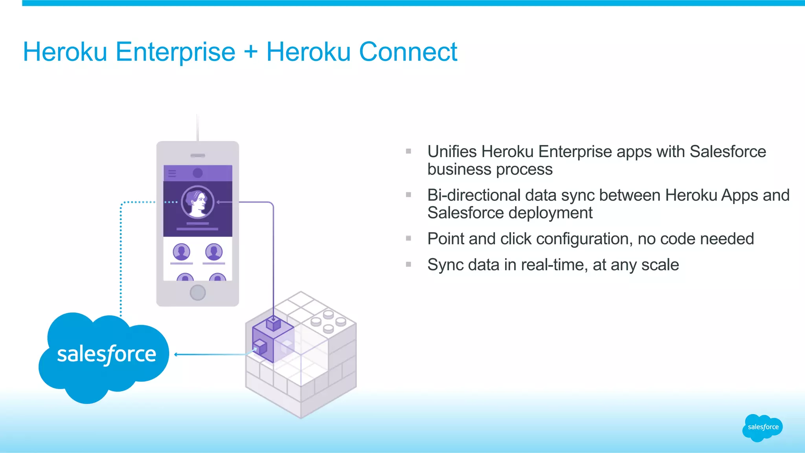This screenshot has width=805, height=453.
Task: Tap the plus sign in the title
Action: click(x=250, y=53)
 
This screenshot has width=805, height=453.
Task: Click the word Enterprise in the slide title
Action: click(x=175, y=53)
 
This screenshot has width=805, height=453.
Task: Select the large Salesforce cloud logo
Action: click(x=104, y=356)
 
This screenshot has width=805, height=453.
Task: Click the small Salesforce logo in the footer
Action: click(x=763, y=427)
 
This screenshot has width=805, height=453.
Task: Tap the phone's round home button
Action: click(x=197, y=292)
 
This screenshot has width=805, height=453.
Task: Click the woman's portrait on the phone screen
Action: click(x=198, y=202)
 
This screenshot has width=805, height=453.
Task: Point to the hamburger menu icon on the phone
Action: click(x=172, y=173)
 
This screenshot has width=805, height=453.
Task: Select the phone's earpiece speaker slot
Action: click(x=198, y=156)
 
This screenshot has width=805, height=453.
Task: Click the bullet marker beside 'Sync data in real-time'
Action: click(x=408, y=264)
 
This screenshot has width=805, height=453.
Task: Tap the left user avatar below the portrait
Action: click(x=182, y=252)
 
